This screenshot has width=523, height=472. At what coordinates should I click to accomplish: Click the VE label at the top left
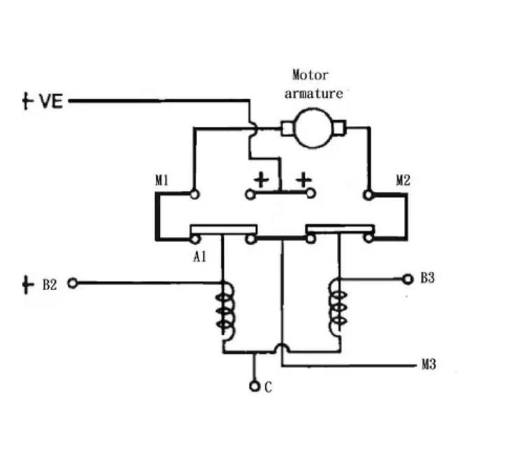[x=50, y=101]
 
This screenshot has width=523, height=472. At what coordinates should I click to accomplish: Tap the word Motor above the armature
[x=310, y=76]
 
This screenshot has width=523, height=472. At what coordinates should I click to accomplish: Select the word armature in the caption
[x=313, y=93]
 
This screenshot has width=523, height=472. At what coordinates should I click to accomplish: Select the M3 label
[x=429, y=364]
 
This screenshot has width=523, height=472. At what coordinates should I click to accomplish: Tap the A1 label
[x=199, y=257]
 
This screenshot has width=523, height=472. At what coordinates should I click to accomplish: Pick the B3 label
[x=427, y=278]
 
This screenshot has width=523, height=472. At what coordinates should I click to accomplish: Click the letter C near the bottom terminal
[x=268, y=387]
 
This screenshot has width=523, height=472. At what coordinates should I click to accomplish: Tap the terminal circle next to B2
[x=71, y=283]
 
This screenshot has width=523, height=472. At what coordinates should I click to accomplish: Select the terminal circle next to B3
[x=408, y=279]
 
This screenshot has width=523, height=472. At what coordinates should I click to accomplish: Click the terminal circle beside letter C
[x=255, y=386]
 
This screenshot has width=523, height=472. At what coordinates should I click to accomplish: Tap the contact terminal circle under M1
[x=194, y=194]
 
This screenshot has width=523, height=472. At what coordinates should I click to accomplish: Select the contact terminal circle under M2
[x=366, y=194]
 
